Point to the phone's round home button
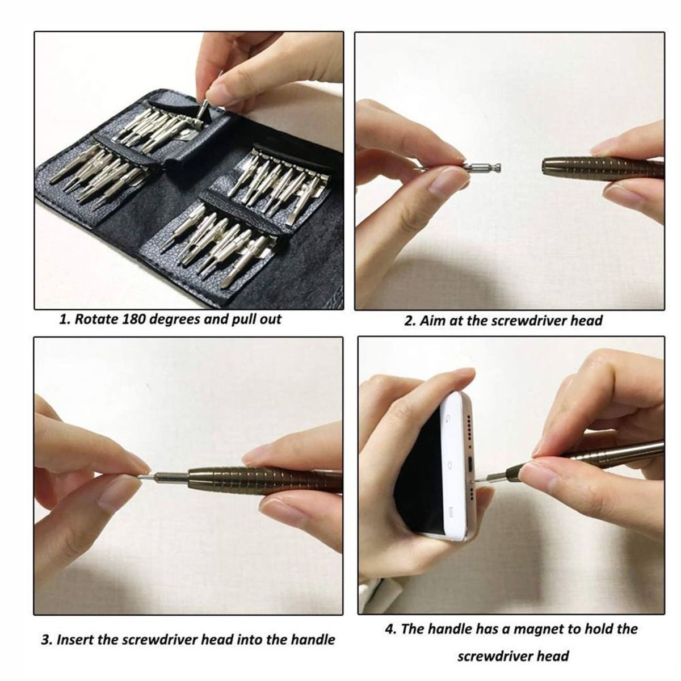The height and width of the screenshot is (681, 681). tap(450, 465)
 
